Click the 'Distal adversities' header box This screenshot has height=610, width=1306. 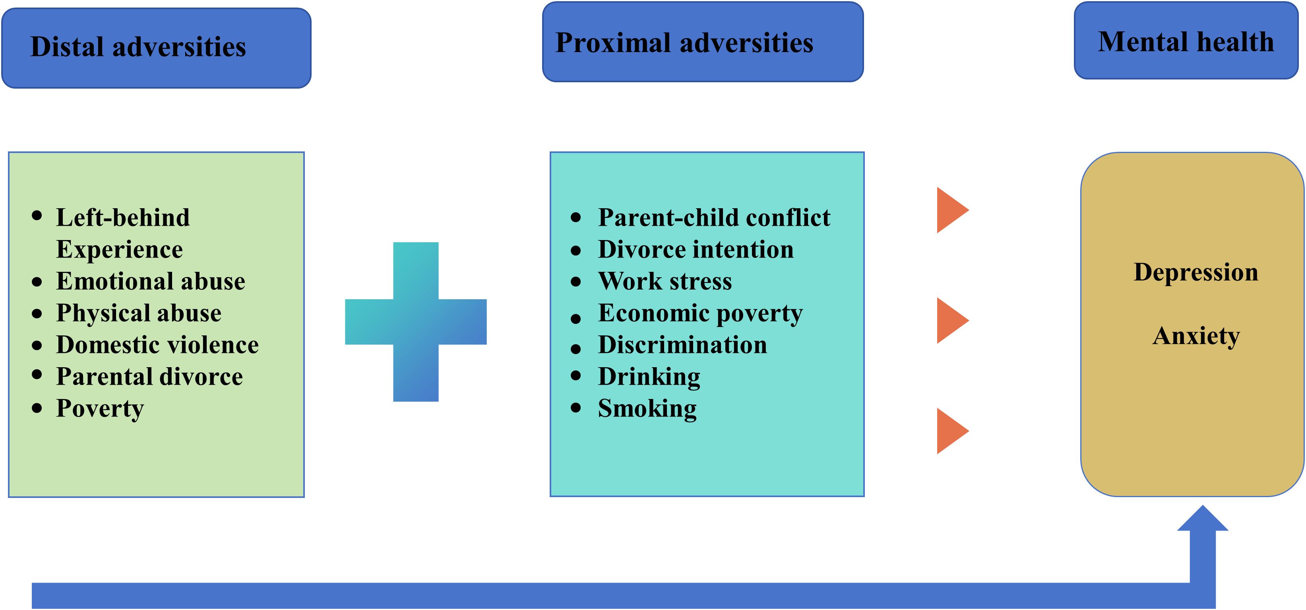[x=156, y=48]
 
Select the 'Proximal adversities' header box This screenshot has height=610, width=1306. [x=703, y=42]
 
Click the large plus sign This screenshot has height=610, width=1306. [x=416, y=321]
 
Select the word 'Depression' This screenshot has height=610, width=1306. [x=1196, y=273]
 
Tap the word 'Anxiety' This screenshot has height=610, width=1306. [x=1196, y=336]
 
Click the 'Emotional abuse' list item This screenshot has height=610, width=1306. [x=151, y=281]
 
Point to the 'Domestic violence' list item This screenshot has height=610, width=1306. [x=157, y=345]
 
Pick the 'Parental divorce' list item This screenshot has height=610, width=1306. [x=149, y=377]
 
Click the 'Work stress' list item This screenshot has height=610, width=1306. [x=665, y=281]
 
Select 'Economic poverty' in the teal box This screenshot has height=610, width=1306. [x=700, y=314]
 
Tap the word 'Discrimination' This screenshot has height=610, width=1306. [x=682, y=345]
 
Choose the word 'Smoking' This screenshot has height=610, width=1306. [x=647, y=409]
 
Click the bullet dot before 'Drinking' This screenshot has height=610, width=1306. [x=575, y=376]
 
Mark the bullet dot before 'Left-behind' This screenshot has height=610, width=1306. [x=37, y=215]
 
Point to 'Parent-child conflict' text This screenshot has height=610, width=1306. [x=714, y=217]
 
